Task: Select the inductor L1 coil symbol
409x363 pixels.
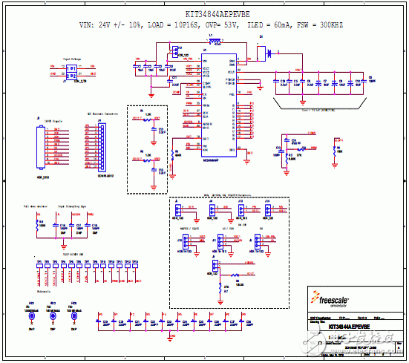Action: [x=211, y=41]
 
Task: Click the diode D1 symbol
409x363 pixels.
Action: [x=268, y=53]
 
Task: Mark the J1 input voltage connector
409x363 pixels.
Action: [x=71, y=71]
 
